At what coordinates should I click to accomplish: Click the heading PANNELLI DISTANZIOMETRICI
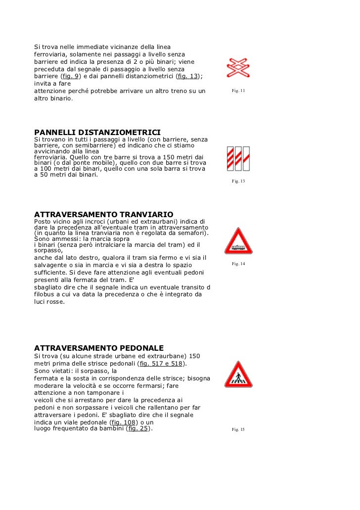click(x=97, y=133)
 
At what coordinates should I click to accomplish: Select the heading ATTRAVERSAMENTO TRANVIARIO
click(x=103, y=214)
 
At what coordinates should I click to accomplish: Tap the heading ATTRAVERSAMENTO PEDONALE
click(x=98, y=348)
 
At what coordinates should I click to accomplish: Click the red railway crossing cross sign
click(x=238, y=68)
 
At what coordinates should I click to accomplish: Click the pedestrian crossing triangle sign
click(x=238, y=375)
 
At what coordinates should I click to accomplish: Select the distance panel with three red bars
click(x=230, y=158)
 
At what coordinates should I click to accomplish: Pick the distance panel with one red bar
click(x=246, y=158)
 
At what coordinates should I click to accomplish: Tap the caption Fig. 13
click(x=238, y=182)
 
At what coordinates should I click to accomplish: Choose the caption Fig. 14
click(x=238, y=264)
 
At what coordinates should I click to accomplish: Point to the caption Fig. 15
click(x=238, y=430)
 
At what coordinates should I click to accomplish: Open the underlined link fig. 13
click(x=188, y=77)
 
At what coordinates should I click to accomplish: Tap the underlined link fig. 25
click(x=138, y=429)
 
